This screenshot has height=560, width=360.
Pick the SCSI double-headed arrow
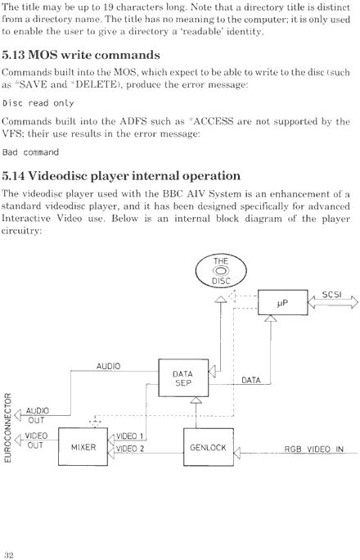point(333,303)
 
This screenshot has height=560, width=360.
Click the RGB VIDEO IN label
point(313,449)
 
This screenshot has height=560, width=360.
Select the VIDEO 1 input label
point(129,436)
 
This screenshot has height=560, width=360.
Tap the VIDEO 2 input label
point(130,449)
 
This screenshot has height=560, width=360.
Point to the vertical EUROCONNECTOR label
point(7,427)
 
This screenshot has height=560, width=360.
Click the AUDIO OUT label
point(37,415)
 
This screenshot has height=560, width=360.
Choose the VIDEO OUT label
point(36,440)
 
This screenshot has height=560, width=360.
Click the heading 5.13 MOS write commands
point(81,55)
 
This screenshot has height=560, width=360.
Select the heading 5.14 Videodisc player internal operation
point(121,176)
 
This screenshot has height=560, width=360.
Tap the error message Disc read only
point(38,103)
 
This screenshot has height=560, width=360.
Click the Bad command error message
point(30,152)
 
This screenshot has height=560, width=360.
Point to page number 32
point(9,554)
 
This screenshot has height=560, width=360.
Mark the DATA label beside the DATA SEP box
point(251,380)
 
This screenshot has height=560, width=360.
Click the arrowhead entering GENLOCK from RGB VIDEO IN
point(237,453)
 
